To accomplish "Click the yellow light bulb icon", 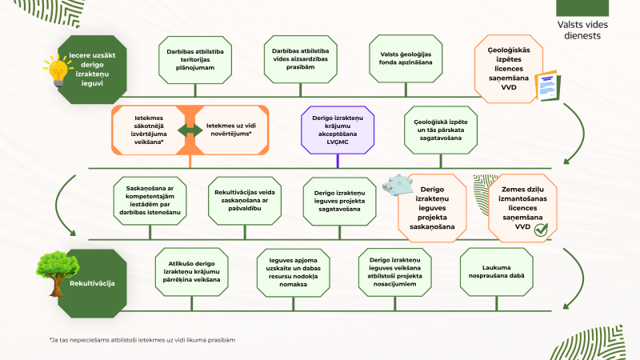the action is click(x=58, y=71).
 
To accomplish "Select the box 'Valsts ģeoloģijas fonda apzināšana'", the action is click(x=406, y=58).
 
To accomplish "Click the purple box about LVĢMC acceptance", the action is click(x=338, y=130).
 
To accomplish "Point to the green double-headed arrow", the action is click(x=190, y=130).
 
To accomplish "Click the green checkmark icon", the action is click(x=542, y=230).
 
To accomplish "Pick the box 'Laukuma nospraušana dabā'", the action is click(x=496, y=272).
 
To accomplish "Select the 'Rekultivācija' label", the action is click(x=92, y=283).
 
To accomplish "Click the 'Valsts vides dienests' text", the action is click(x=582, y=30).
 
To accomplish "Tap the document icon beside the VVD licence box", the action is click(x=548, y=86).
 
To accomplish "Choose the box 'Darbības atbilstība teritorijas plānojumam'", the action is click(x=195, y=59).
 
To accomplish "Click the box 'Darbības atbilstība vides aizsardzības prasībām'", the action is click(x=301, y=59).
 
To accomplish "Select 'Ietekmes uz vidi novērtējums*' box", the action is click(x=231, y=130).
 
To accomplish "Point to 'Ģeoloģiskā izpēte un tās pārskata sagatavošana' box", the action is click(x=441, y=130).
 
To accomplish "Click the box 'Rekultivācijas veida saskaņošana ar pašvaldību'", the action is click(x=245, y=201).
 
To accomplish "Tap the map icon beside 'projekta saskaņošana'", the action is click(x=397, y=186).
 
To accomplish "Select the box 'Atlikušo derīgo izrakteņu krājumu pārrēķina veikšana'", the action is click(x=191, y=272).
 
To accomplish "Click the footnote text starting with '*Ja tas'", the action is click(x=142, y=340).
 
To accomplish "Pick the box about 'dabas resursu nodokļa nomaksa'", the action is click(x=293, y=272).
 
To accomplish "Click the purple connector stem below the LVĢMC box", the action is click(x=338, y=161).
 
